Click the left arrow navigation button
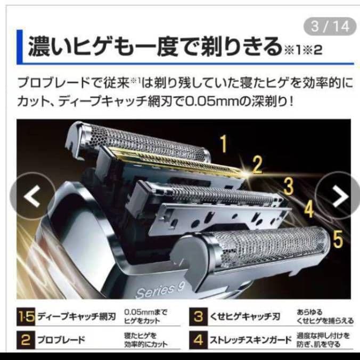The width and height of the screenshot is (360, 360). pyautogui.click(x=32, y=196)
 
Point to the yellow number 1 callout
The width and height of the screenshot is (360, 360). pyautogui.click(x=224, y=143)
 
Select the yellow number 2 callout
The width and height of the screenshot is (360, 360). pyautogui.click(x=257, y=166)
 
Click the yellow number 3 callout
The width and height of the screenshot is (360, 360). pyautogui.click(x=288, y=186)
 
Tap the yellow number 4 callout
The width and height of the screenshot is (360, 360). pyautogui.click(x=309, y=209)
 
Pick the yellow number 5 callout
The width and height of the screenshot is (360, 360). pyautogui.click(x=338, y=239)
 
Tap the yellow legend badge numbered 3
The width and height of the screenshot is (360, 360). pyautogui.click(x=199, y=317)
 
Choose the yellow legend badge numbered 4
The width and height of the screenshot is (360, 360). pyautogui.click(x=199, y=339)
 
